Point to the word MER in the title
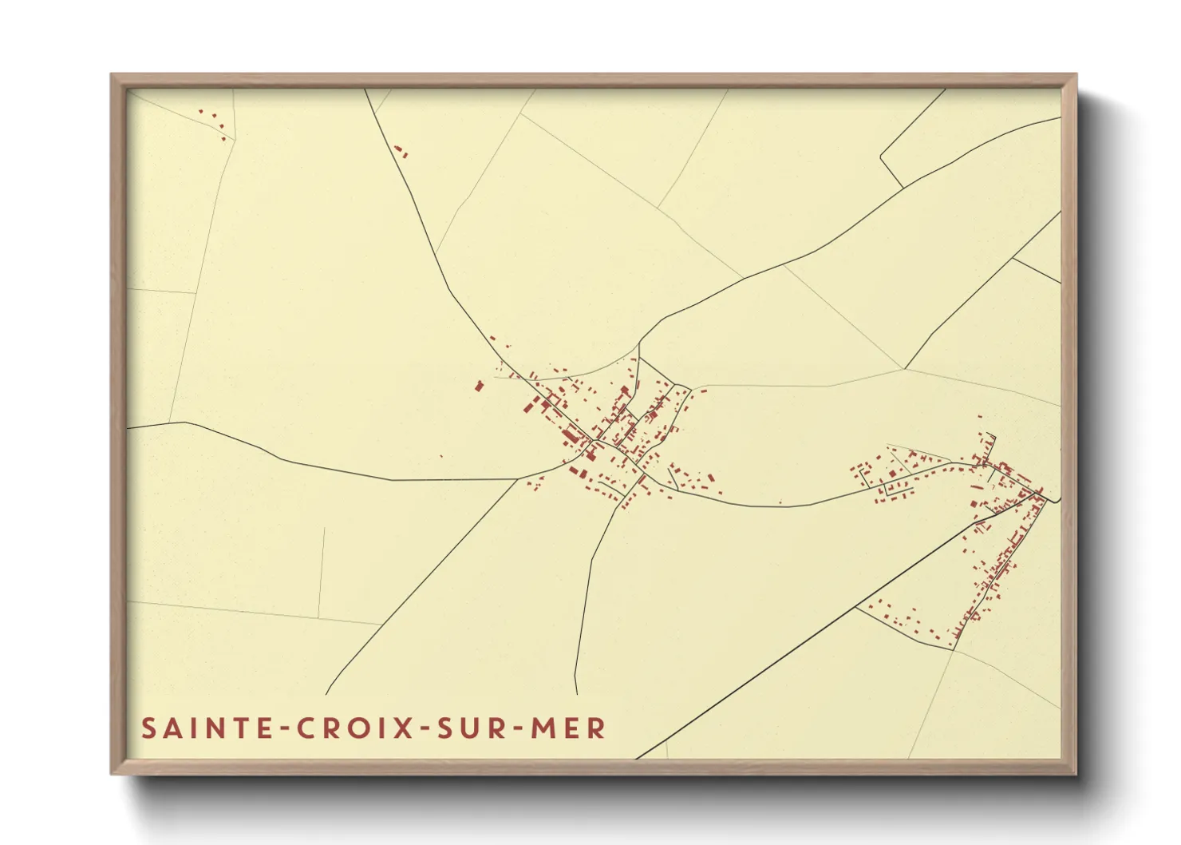(x=567, y=728)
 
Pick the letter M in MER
(x=543, y=728)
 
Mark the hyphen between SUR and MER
(x=515, y=729)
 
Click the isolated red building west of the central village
(x=479, y=387)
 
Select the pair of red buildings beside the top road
(x=400, y=151)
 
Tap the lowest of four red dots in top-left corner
(x=223, y=138)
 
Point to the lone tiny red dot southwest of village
(x=441, y=457)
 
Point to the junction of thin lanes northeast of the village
(x=903, y=368)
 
